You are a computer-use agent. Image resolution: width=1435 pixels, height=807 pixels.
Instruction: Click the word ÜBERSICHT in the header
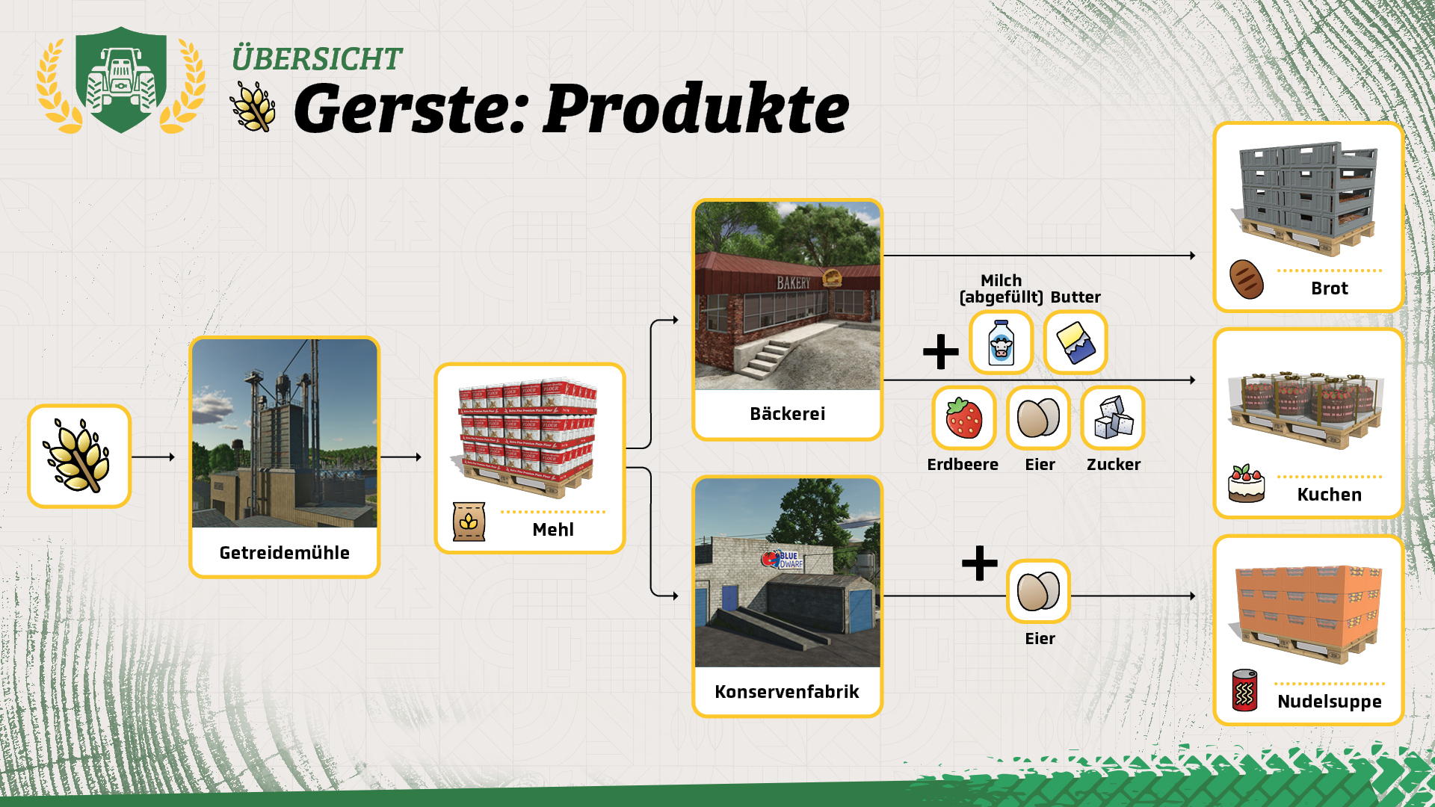[x=317, y=59]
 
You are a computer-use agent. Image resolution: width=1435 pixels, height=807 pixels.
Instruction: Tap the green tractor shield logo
[x=121, y=80]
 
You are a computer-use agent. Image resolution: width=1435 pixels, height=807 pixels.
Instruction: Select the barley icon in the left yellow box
[x=78, y=456]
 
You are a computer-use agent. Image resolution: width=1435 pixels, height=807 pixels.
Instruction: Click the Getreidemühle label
[x=284, y=553]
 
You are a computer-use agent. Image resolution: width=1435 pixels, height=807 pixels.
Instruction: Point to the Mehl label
[x=553, y=530]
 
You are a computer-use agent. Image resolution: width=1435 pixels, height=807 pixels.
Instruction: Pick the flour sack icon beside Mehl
[x=469, y=522]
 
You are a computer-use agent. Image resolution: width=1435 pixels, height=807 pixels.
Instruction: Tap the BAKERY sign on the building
[x=793, y=283]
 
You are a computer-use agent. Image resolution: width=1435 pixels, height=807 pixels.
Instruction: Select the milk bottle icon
[x=1001, y=343]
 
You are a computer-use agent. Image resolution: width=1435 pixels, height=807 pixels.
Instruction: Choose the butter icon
[x=1076, y=343]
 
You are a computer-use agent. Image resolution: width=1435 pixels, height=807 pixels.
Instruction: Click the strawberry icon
[x=963, y=418]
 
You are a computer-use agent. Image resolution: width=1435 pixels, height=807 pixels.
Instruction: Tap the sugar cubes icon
[x=1113, y=418]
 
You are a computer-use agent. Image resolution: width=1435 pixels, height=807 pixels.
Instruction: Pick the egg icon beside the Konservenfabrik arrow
[x=1038, y=591]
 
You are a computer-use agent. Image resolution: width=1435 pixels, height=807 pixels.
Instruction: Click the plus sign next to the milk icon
[x=941, y=352]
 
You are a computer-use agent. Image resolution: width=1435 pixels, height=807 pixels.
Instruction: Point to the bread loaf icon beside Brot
[x=1247, y=279]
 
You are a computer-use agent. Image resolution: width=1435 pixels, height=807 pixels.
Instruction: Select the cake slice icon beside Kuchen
[x=1247, y=483]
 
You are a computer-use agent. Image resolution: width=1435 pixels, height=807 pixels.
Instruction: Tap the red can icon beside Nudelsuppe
[x=1244, y=690]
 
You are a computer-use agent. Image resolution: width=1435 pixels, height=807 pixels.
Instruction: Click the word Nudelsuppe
[x=1330, y=702]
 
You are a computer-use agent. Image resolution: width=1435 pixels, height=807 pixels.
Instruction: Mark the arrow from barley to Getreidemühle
[x=153, y=457]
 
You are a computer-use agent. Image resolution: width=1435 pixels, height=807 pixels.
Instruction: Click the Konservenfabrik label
[x=787, y=692]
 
